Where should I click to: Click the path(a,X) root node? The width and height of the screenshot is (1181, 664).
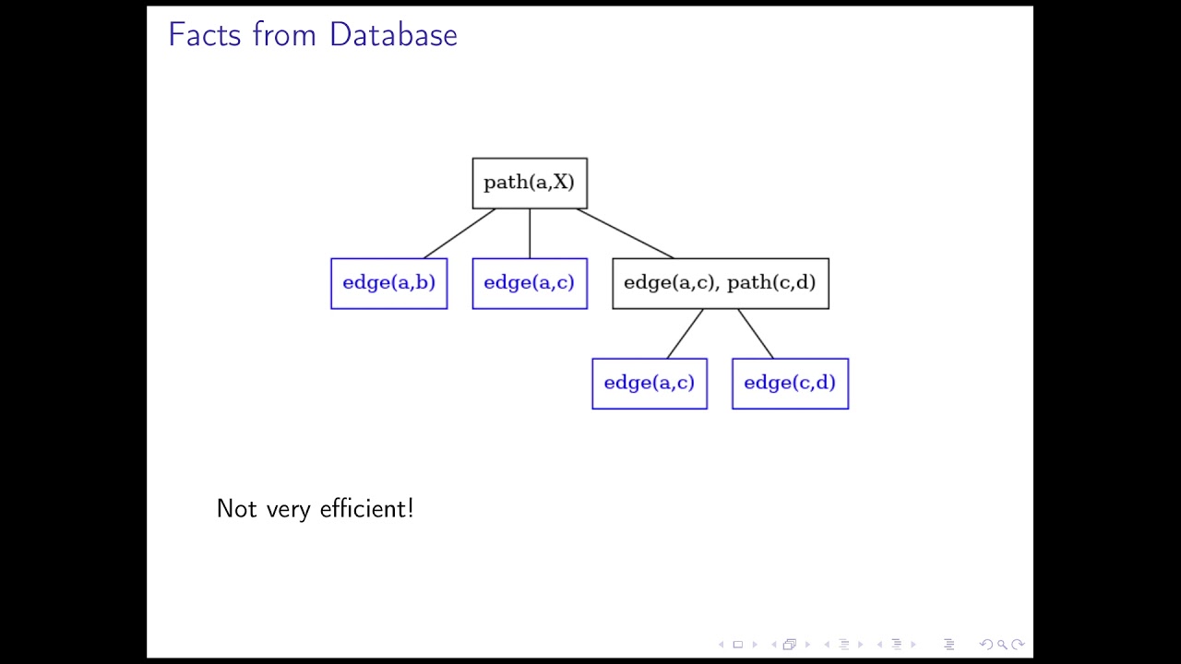530,183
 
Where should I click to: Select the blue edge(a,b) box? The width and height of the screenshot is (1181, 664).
388,283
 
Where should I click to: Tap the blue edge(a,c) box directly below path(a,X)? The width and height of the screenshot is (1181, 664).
530,283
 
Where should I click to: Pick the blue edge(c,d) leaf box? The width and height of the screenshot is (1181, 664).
790,384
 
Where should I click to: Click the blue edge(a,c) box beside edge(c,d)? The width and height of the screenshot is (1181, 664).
650,384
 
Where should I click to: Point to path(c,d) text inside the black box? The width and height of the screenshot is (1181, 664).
771,283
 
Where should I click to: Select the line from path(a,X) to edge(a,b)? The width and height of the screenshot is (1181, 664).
459,233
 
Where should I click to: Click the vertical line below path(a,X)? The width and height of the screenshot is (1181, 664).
530,233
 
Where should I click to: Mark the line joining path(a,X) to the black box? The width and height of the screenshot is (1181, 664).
625,233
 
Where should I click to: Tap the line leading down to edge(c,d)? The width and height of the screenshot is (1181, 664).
755,333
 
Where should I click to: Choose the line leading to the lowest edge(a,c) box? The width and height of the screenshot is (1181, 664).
685,333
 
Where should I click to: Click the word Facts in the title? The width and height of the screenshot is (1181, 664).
206,35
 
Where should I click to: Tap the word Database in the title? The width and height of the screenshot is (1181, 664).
393,35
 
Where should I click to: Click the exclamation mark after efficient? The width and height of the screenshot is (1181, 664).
411,508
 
